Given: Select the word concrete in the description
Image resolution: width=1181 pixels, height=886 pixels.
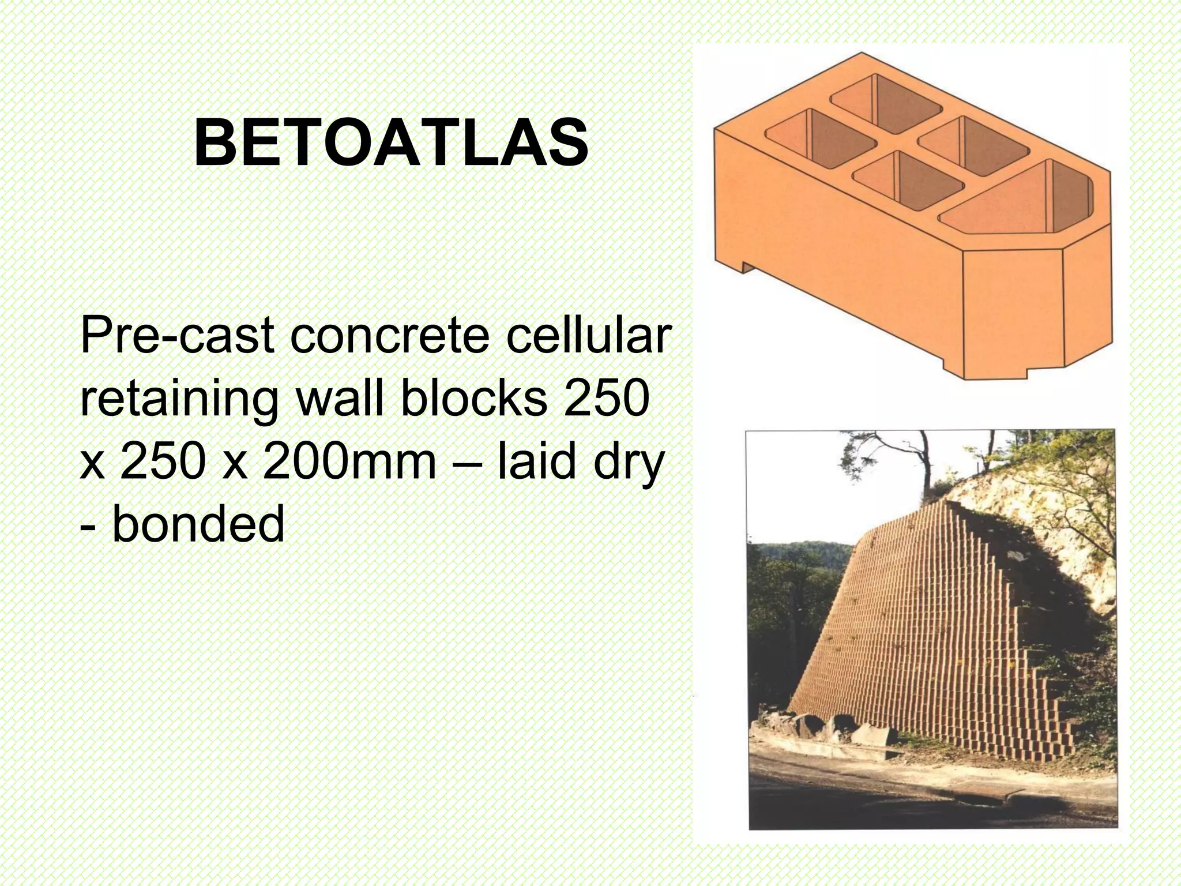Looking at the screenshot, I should tap(389, 336).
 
